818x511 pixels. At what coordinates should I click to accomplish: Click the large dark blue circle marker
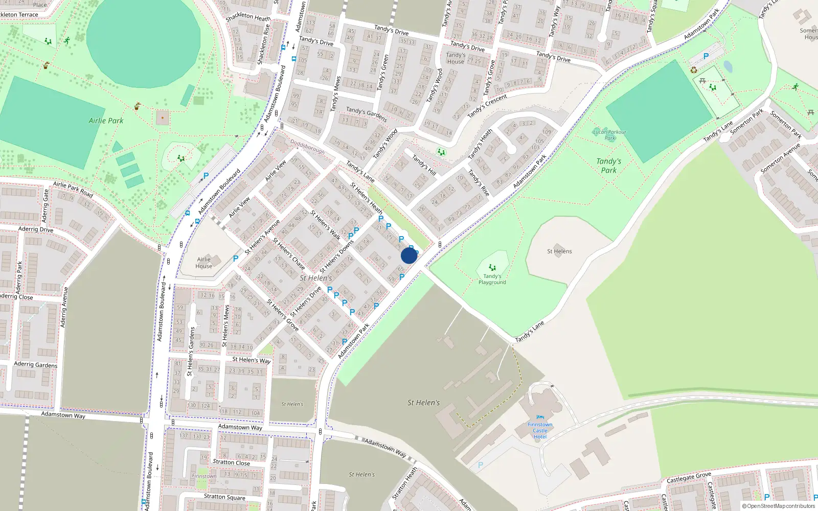point(409,255)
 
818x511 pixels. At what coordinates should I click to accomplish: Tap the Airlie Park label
point(106,121)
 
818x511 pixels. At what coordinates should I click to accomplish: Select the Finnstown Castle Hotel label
point(540,430)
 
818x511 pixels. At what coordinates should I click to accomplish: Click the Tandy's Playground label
point(492,279)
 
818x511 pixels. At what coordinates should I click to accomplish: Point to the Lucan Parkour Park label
point(609,134)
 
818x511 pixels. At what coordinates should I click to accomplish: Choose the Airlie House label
point(203,263)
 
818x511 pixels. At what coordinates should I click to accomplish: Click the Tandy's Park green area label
point(608,166)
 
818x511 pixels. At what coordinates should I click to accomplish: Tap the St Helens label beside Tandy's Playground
point(559,251)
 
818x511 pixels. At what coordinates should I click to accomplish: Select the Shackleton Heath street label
point(248,17)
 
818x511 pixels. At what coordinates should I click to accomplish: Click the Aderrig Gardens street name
point(36,364)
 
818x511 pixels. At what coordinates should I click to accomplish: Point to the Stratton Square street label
point(224,497)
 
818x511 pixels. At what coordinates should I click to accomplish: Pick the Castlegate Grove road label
point(689,477)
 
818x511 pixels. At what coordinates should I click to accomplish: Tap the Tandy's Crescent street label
point(487,105)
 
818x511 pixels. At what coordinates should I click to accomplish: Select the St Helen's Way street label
point(251,360)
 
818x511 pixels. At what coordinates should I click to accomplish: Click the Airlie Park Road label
point(73,189)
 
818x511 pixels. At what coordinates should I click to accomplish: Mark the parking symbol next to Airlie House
point(236,259)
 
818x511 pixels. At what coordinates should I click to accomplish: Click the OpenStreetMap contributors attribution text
point(779,506)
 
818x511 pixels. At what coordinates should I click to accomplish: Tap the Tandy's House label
point(456,58)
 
